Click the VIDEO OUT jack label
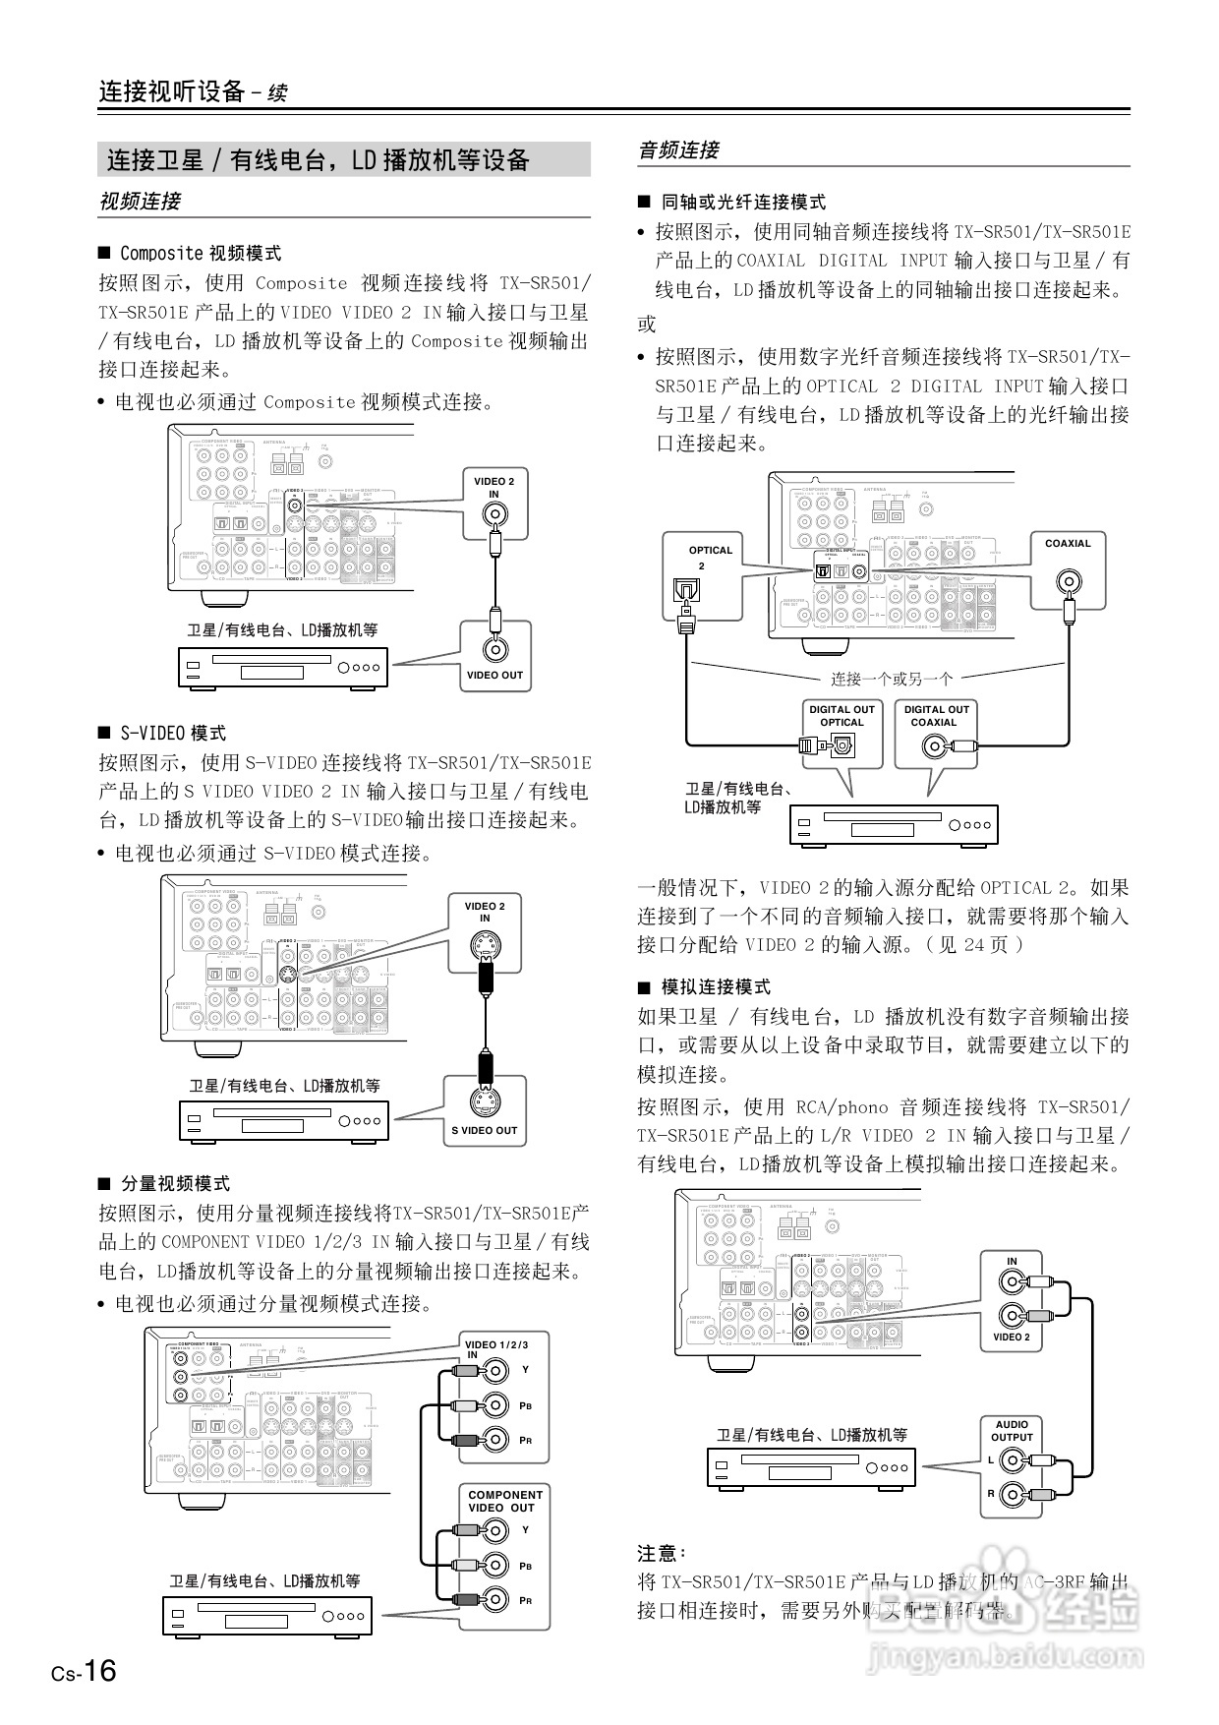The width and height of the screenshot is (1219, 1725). [x=494, y=676]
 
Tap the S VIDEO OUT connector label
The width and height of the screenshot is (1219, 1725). [x=484, y=1130]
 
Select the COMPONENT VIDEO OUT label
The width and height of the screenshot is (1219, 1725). [x=504, y=1501]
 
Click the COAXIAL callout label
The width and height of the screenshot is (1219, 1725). [x=1068, y=543]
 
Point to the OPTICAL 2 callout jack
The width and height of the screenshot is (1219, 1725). [x=683, y=590]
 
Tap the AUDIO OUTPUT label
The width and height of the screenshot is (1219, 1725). [x=1012, y=1431]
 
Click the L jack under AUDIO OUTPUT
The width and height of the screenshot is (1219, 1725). [x=1012, y=1462]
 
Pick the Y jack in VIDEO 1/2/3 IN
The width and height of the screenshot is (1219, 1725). [x=497, y=1370]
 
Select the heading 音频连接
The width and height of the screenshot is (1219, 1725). [x=679, y=150]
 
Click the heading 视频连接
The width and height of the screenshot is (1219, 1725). [x=140, y=202]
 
